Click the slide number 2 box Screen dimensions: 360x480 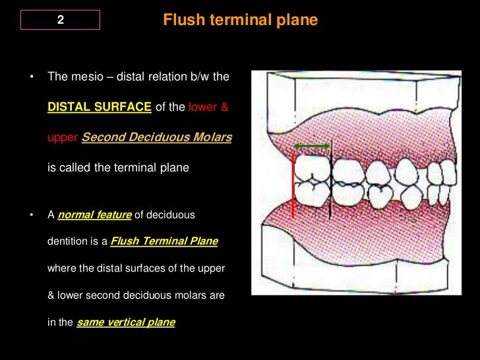pos(60,20)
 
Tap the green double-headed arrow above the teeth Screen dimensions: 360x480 pos(311,145)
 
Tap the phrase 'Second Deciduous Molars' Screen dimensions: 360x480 pos(156,138)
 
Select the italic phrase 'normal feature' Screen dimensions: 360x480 pos(95,216)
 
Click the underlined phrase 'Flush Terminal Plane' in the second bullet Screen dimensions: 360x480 pos(164,241)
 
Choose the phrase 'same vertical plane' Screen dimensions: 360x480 pos(125,323)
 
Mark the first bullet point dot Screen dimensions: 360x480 pos(30,78)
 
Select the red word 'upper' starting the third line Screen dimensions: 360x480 pos(62,138)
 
